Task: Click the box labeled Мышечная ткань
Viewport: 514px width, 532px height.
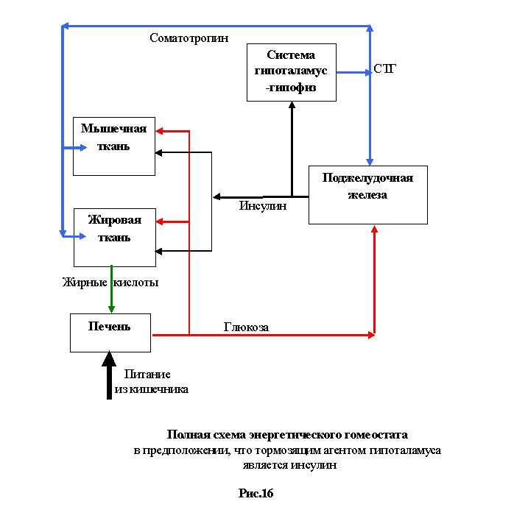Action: point(114,146)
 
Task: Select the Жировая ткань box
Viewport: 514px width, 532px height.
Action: point(115,238)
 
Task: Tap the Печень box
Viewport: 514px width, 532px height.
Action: point(110,333)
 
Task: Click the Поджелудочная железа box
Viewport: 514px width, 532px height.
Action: point(368,195)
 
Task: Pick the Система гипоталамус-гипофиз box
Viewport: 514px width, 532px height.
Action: point(292,72)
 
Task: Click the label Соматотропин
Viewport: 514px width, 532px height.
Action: point(189,38)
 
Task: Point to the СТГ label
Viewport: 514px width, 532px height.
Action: point(384,69)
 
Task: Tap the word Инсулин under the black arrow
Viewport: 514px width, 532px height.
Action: point(263,205)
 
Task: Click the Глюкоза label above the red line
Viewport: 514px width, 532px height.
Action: point(246,327)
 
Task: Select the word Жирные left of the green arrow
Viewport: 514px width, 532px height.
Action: point(85,283)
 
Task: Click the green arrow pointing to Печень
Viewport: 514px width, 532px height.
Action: point(111,289)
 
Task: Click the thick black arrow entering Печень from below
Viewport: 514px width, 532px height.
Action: point(109,375)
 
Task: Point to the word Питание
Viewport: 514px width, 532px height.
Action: point(147,375)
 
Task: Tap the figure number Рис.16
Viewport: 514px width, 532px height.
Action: point(256,493)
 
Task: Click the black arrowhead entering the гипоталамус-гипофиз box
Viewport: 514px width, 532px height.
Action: point(292,104)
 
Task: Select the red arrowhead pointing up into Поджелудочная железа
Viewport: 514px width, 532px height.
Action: point(375,229)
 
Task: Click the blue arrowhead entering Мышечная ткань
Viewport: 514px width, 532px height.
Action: point(83,148)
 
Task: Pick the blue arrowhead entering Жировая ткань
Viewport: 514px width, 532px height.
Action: point(82,236)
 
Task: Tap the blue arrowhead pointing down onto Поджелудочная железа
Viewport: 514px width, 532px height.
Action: point(370,162)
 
